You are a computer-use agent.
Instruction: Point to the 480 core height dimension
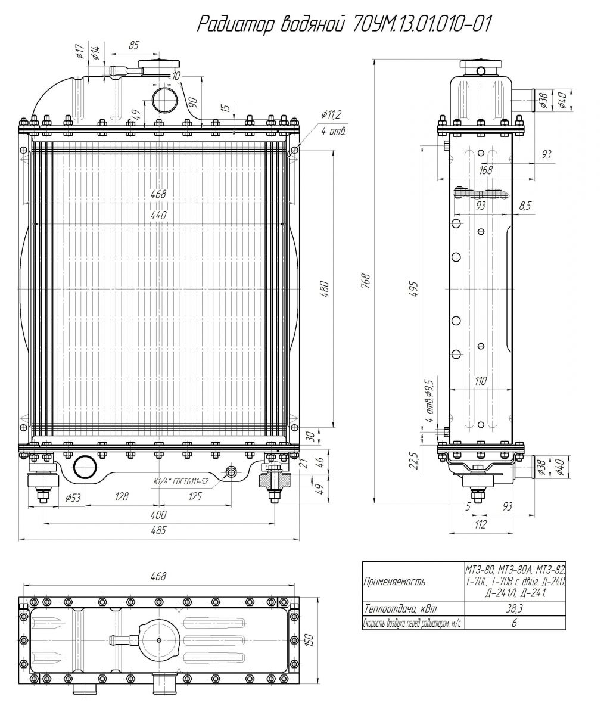click(x=325, y=289)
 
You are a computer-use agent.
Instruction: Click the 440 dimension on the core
click(x=159, y=215)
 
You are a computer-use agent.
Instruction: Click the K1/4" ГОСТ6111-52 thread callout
click(x=181, y=481)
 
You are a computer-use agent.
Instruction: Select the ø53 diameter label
click(x=73, y=498)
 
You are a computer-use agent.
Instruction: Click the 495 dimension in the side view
click(x=414, y=289)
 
